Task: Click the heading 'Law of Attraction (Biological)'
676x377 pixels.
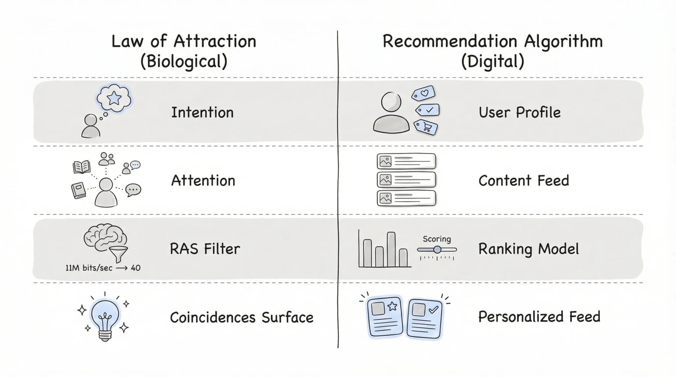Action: point(184,51)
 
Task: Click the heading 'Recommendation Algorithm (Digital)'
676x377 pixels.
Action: point(492,51)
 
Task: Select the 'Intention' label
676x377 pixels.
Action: point(202,113)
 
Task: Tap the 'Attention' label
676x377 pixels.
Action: point(203,181)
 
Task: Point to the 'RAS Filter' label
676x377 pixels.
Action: point(205,249)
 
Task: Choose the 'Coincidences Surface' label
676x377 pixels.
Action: point(241,317)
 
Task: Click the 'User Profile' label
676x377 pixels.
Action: point(519,113)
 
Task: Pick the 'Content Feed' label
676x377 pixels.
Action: point(523,181)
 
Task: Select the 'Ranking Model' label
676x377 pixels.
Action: point(528,249)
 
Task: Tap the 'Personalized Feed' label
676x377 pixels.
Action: point(539,317)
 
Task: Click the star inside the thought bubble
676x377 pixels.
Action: point(114,98)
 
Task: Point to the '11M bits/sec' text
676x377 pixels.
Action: point(88,268)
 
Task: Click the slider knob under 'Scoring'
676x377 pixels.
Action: point(437,249)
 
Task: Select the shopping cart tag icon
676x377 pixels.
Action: point(426,127)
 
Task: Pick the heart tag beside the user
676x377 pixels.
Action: point(423,93)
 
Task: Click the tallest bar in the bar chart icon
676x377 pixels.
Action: point(391,249)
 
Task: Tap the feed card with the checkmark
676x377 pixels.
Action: point(425,318)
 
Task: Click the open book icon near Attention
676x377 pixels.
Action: point(81,167)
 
